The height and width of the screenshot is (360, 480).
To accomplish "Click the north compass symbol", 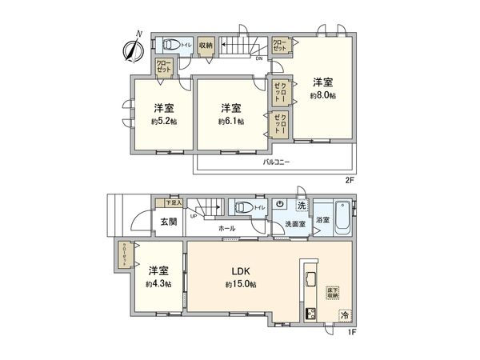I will point(133,46).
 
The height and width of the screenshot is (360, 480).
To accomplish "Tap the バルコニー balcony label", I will point(277,162).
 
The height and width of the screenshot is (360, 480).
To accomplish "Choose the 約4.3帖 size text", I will point(158,285).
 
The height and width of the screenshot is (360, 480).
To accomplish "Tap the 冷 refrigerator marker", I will point(344,316).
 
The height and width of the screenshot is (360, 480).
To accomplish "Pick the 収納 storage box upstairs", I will point(206,46).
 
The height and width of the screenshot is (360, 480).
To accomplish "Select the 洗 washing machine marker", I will point(300,206).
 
